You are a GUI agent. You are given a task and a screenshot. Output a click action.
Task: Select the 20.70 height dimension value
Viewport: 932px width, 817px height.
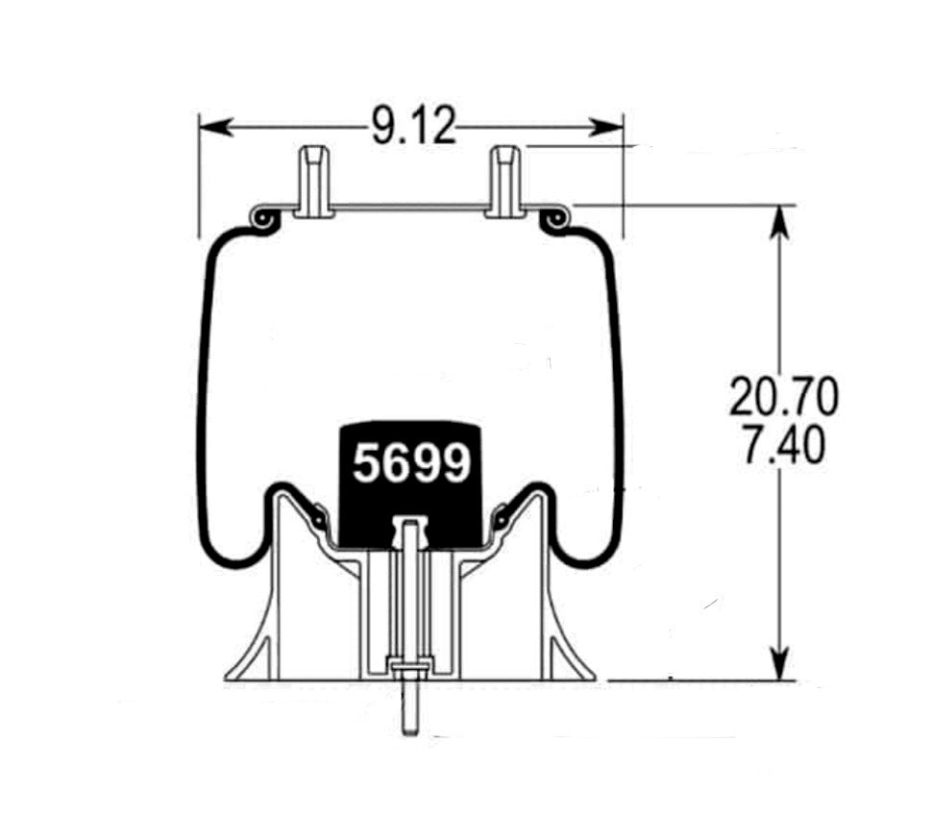pos(783,397)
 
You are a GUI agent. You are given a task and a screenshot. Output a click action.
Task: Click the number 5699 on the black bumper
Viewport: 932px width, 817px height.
pos(412,464)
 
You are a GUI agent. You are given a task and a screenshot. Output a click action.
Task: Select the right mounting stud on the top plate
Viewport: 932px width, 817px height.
pos(505,180)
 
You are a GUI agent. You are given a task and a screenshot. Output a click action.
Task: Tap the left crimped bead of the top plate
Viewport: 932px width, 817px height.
pos(261,221)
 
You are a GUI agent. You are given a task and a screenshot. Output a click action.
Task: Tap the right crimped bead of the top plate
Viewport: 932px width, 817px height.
pos(554,221)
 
